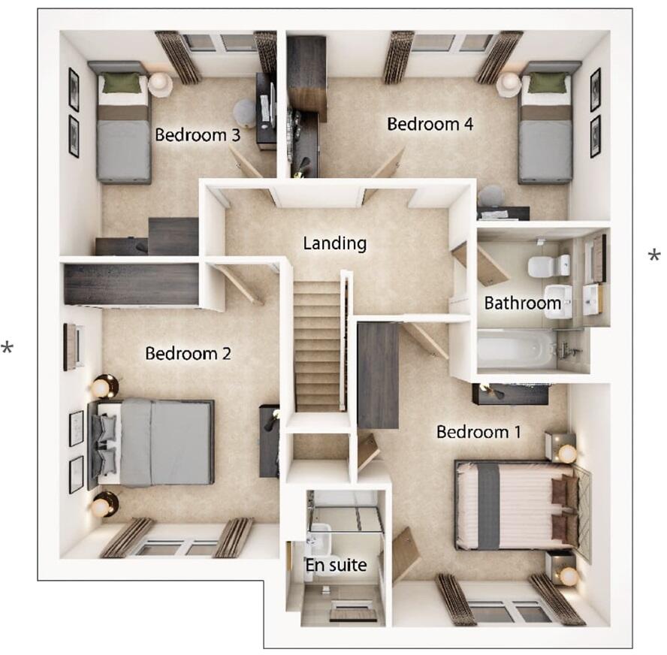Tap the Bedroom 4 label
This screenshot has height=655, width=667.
pos(430,124)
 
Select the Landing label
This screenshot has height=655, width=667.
pos(334,243)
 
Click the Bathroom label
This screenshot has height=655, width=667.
pos(522,303)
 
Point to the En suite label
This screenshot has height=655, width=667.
pos(336,564)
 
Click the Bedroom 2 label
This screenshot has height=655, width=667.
pos(188,353)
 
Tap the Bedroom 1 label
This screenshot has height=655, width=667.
pos(478,432)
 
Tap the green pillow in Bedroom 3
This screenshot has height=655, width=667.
pos(121,83)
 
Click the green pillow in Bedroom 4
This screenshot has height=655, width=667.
pos(548,83)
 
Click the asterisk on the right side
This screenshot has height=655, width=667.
pos(654,256)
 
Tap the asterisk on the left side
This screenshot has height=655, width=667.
pos(8,348)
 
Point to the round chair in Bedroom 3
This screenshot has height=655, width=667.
pos(245,113)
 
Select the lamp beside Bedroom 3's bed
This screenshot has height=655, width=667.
pos(159,83)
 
